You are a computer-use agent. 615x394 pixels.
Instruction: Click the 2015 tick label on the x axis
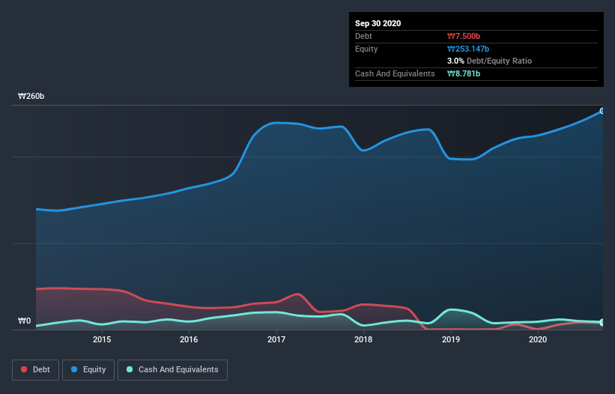(102, 339)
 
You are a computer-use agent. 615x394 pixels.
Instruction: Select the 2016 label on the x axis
(189, 339)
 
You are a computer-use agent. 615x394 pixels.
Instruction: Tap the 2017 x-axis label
(276, 339)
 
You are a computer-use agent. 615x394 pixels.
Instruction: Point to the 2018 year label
(363, 339)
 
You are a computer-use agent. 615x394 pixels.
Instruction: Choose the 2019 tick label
(451, 339)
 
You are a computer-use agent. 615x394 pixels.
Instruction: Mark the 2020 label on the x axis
(538, 339)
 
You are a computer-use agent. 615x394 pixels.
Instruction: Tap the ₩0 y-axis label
(25, 321)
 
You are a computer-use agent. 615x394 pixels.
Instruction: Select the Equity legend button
(89, 369)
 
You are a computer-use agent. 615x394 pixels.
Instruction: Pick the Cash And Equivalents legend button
(172, 369)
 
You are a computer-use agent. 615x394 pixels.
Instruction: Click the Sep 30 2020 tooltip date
(378, 23)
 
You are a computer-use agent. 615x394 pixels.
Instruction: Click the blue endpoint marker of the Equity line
(602, 111)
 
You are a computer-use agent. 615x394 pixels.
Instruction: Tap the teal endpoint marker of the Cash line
(602, 322)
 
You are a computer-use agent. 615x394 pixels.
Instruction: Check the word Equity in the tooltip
(366, 49)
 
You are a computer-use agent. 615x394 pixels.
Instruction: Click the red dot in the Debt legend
(25, 369)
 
